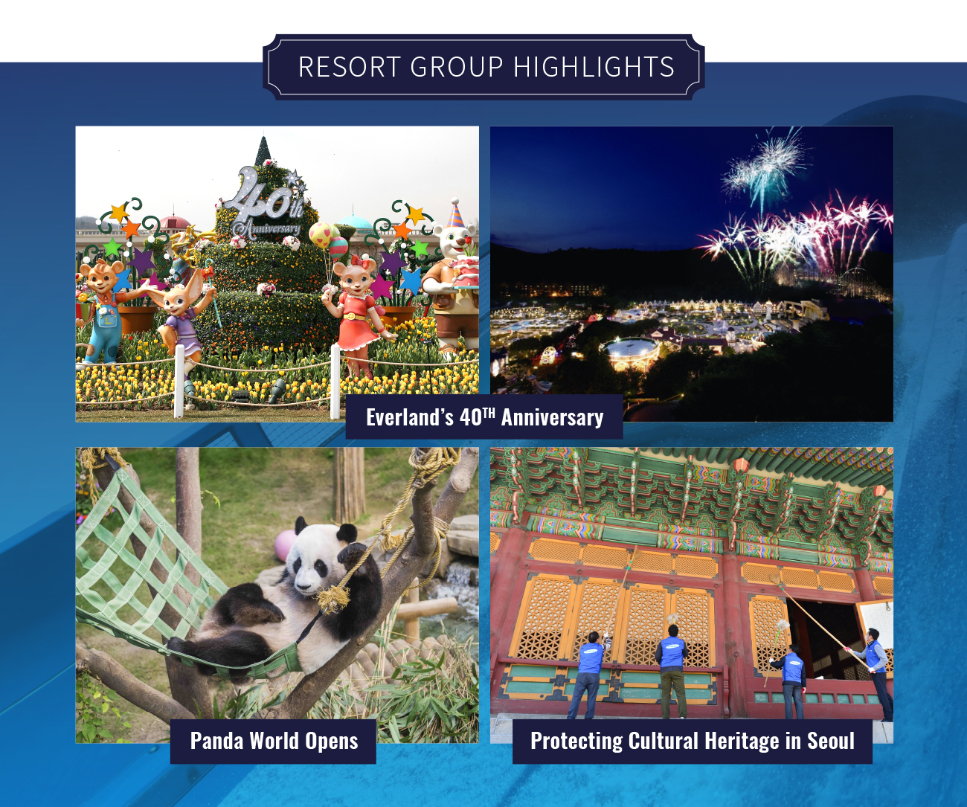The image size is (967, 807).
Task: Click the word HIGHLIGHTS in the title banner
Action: coord(594,67)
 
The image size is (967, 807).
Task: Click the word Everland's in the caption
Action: coord(409,417)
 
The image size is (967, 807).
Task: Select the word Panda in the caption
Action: coord(216,741)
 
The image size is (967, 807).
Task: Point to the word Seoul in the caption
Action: coord(831,741)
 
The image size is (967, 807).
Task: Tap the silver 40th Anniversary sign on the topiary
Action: coord(266,204)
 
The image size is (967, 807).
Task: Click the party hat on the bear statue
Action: coord(456,213)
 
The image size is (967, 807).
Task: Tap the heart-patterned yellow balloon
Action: coord(320,235)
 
